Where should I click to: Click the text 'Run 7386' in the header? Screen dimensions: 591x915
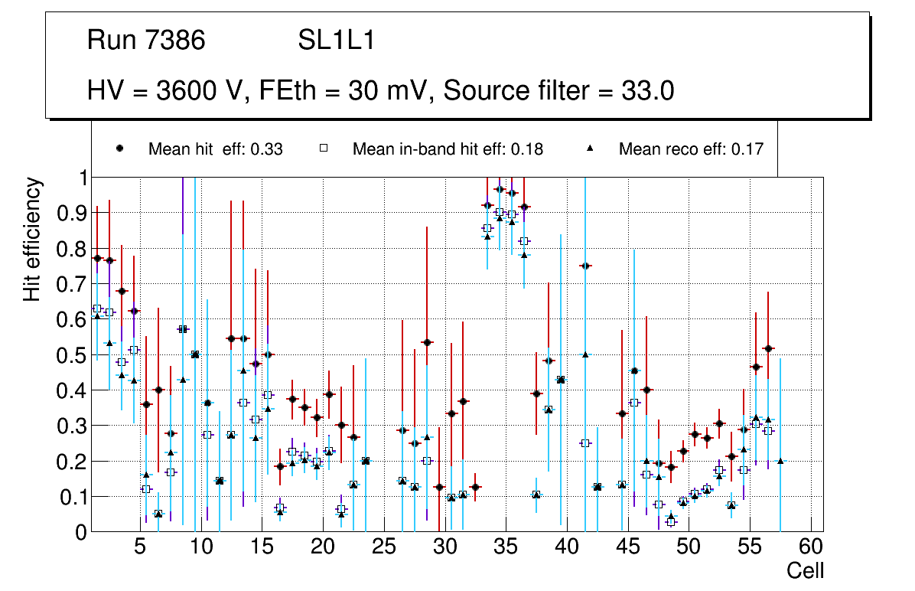(146, 41)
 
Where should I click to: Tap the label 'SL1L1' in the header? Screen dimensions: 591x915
(337, 41)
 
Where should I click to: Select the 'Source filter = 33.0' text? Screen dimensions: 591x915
(558, 90)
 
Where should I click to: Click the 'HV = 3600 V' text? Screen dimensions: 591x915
(164, 90)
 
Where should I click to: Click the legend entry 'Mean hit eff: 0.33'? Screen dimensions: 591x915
(215, 149)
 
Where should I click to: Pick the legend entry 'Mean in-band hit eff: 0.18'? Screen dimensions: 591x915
(448, 149)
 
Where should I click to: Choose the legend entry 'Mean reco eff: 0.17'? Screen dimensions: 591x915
(691, 149)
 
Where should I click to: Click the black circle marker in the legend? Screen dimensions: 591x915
(119, 149)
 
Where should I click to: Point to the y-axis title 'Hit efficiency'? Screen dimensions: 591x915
(32, 239)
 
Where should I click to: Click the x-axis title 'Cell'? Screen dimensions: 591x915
(806, 570)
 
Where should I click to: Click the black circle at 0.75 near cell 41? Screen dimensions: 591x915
(585, 266)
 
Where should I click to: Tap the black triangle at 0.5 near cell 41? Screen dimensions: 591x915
(585, 354)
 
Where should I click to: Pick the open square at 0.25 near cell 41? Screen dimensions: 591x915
(585, 443)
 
